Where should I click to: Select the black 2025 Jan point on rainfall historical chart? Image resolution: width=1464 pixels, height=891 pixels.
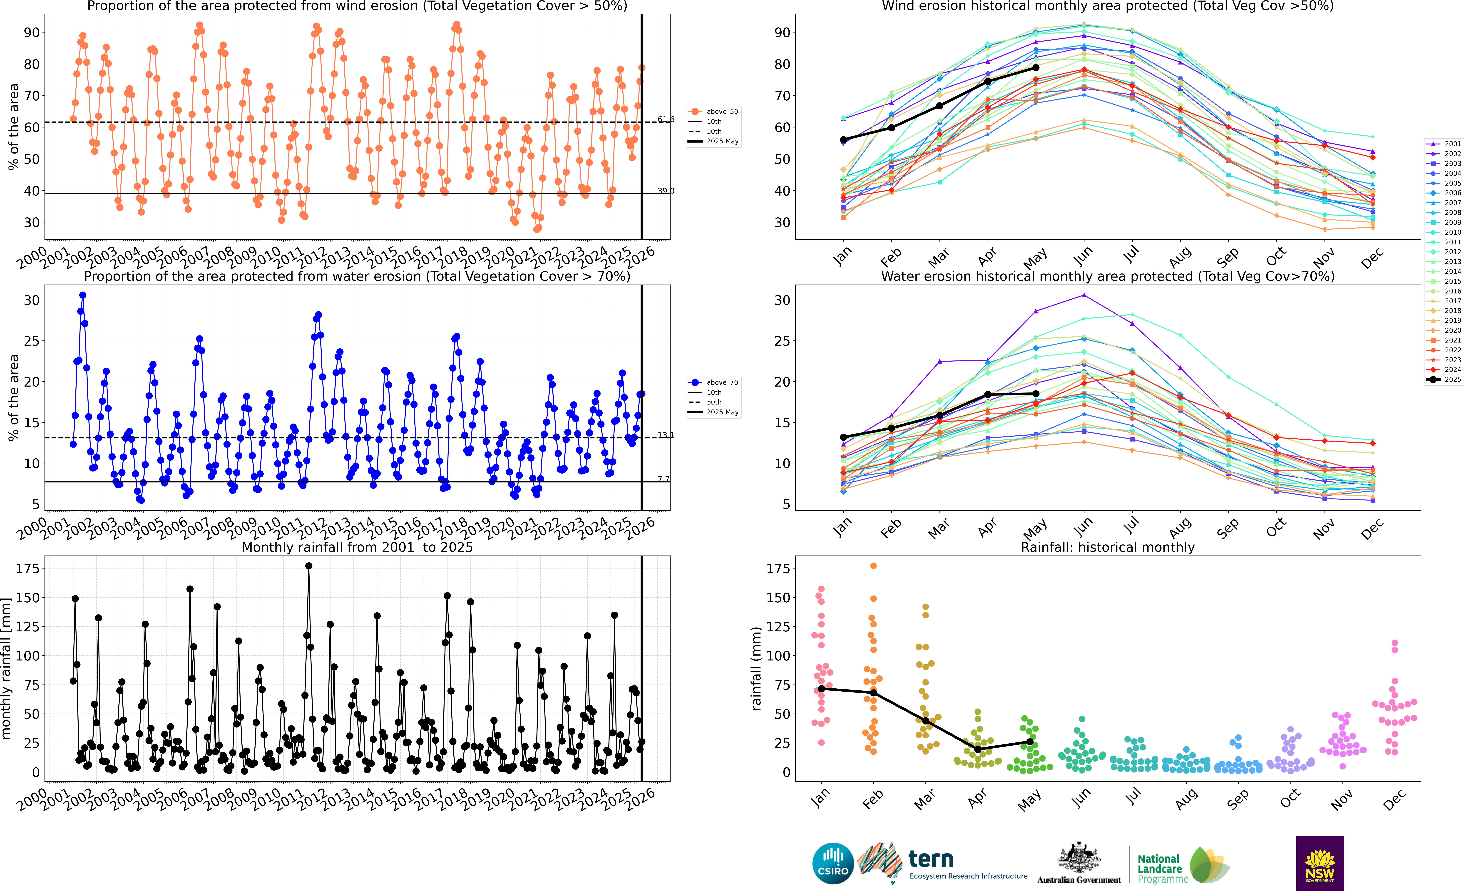click(x=821, y=688)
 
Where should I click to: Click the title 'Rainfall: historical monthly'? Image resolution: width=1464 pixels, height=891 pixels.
click(x=1108, y=547)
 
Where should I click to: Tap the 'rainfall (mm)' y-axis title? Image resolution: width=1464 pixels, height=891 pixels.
click(x=756, y=668)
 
